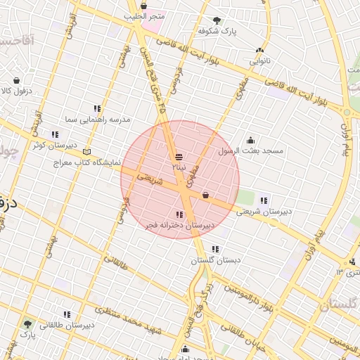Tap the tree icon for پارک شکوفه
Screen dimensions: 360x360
(x=215, y=20)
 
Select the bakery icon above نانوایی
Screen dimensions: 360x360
(x=260, y=50)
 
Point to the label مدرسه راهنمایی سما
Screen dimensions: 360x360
(x=98, y=120)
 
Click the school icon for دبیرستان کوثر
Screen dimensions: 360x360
(x=55, y=134)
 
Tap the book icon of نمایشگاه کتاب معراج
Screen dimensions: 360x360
(x=87, y=151)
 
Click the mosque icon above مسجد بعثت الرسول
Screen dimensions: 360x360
(x=250, y=140)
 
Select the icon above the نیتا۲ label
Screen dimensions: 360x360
(x=179, y=157)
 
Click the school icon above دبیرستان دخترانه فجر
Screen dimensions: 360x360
(x=179, y=214)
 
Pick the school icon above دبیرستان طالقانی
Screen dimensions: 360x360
(x=67, y=314)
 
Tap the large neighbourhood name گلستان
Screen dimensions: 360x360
(x=339, y=305)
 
